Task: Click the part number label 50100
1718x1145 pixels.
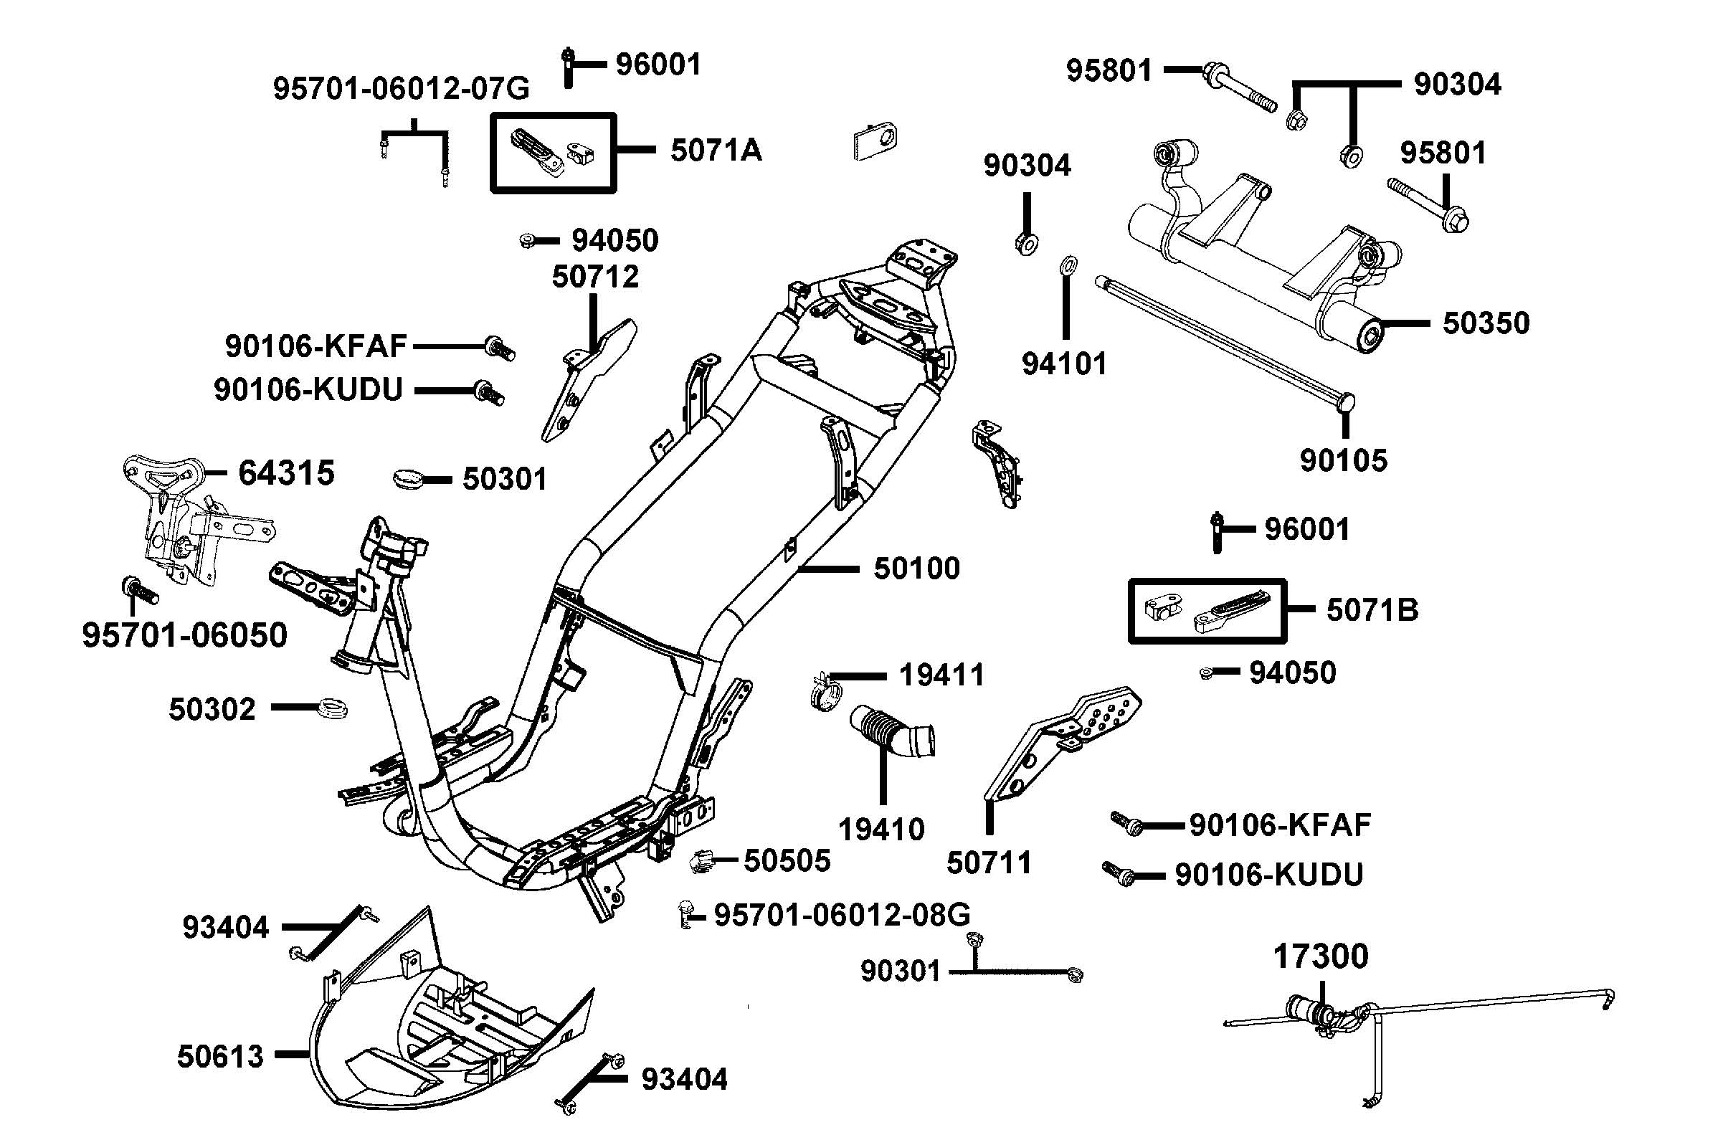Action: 916,568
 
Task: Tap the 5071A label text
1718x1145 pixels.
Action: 716,151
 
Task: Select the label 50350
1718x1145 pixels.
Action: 1486,323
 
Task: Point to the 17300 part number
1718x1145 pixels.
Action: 1320,956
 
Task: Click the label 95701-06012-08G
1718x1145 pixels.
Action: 842,914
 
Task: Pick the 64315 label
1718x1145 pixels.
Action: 286,473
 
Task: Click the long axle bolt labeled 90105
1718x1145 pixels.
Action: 1220,341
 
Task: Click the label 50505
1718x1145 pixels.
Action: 787,860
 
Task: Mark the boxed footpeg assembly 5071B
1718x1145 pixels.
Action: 1207,610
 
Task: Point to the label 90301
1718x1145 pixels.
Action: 900,971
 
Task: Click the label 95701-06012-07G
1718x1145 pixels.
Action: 401,88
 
